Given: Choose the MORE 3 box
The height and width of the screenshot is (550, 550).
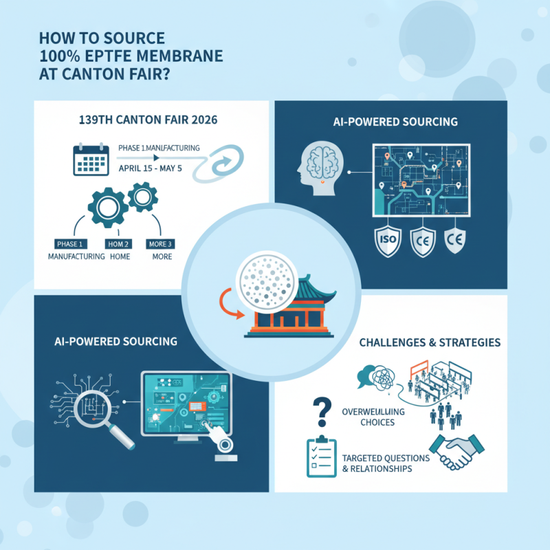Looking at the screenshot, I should (162, 244).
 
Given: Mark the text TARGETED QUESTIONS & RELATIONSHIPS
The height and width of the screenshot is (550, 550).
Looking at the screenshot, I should (385, 463).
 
